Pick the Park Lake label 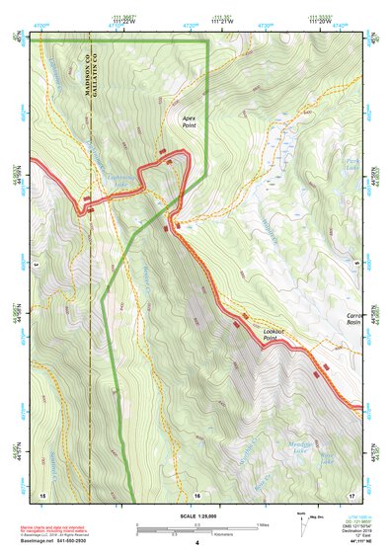pyautogui.click(x=353, y=164)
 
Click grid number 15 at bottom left pyautogui.click(x=42, y=493)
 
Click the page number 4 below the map pyautogui.click(x=196, y=543)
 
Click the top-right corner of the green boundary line pyautogui.click(x=206, y=41)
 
